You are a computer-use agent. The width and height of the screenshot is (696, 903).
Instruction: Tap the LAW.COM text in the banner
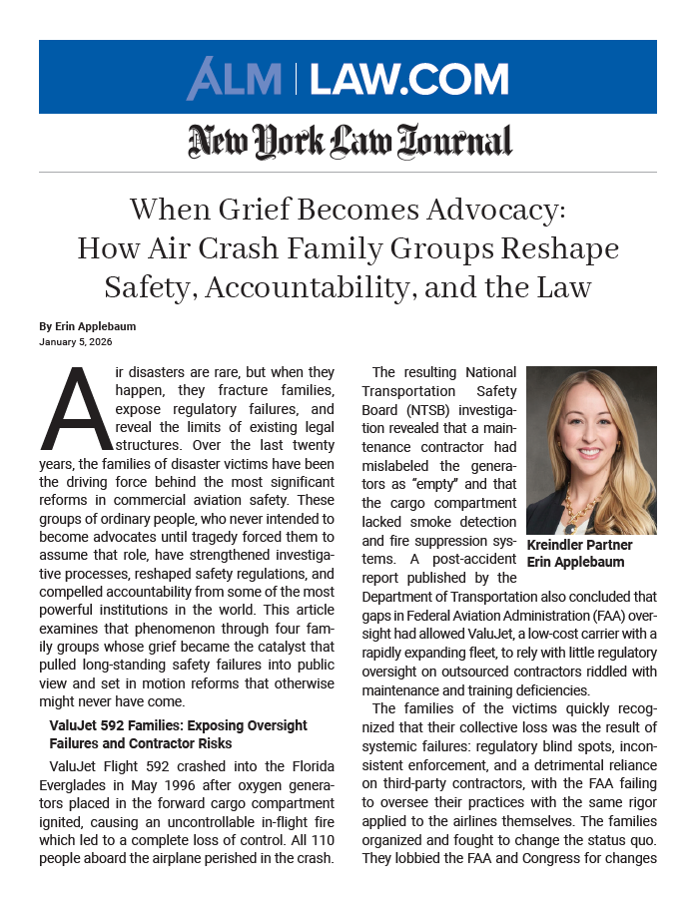point(409,79)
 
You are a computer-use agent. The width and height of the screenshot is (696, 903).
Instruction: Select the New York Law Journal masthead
point(349,142)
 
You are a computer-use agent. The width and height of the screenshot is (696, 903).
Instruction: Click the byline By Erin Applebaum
point(89,326)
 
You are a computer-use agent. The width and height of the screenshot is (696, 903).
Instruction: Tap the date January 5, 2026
point(76,342)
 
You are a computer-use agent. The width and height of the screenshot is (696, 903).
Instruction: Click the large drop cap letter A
point(73,410)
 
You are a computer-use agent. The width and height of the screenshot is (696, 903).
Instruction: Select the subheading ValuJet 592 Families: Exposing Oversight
point(178,725)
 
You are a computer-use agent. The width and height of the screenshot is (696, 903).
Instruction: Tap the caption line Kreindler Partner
point(579,546)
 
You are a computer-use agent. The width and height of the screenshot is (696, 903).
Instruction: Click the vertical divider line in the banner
point(297,79)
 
